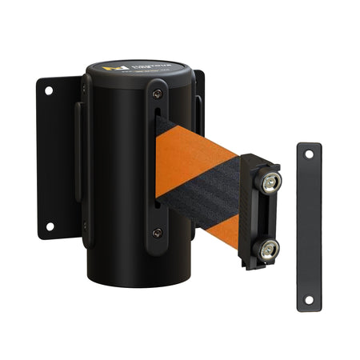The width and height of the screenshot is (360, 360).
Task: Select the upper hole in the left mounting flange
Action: click(48, 91)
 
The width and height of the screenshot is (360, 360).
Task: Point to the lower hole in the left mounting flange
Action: click(49, 226)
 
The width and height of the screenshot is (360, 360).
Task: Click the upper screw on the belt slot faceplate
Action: click(156, 94)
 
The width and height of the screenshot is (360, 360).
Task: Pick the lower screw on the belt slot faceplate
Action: click(157, 232)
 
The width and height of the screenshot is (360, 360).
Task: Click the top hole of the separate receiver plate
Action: click(308, 155)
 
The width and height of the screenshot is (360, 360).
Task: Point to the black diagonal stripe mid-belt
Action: click(200, 192)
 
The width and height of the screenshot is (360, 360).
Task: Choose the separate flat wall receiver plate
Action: click(308, 227)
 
